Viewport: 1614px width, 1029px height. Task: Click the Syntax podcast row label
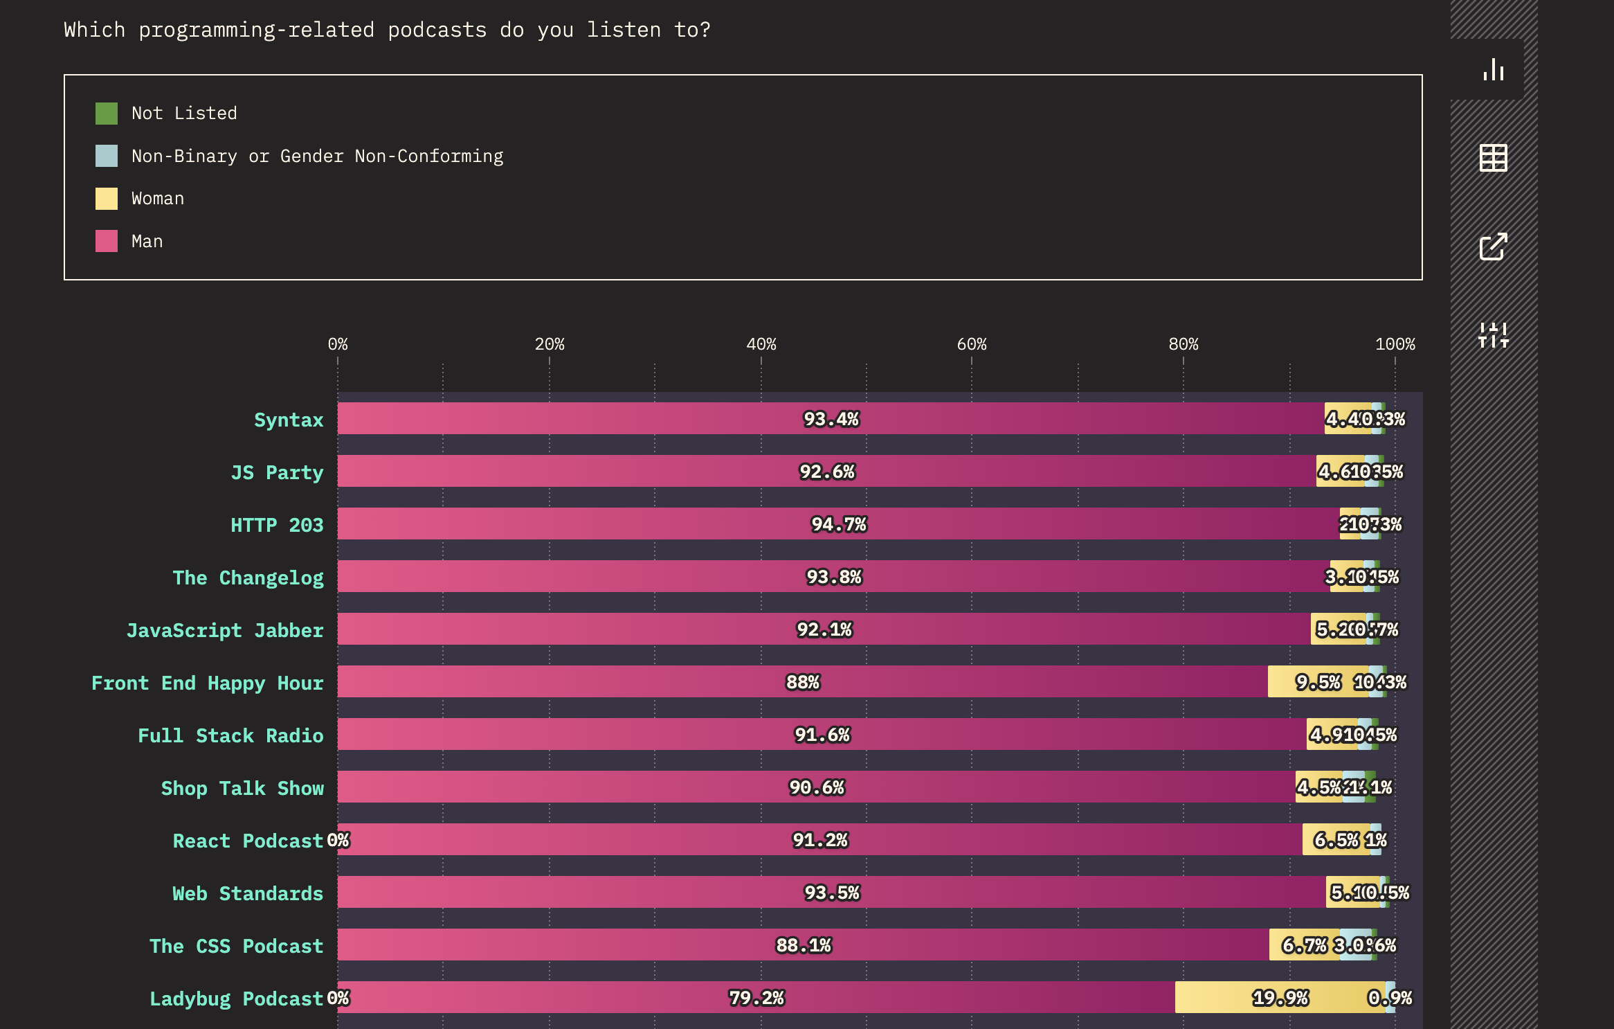click(x=289, y=420)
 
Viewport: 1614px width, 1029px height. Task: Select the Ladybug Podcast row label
click(x=236, y=999)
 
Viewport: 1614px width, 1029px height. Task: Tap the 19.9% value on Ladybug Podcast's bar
click(x=1280, y=998)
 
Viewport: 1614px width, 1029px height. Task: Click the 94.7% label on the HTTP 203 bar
click(x=839, y=524)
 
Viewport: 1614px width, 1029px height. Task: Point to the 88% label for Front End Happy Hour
click(x=803, y=682)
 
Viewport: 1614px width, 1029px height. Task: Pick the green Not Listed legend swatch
click(x=107, y=114)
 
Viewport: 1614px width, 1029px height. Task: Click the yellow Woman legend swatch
click(x=107, y=199)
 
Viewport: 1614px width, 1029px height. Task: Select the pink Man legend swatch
click(x=107, y=241)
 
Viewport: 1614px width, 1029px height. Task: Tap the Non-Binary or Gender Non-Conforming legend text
click(x=318, y=156)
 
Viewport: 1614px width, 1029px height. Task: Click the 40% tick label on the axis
click(x=761, y=344)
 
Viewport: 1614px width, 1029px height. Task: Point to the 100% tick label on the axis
click(x=1395, y=344)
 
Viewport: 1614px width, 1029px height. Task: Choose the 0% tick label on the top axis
click(x=338, y=344)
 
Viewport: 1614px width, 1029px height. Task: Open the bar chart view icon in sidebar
click(x=1493, y=70)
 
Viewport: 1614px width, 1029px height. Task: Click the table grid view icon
click(x=1493, y=158)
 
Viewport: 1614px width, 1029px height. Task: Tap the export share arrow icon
click(x=1493, y=247)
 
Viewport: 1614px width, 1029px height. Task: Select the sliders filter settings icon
click(x=1493, y=335)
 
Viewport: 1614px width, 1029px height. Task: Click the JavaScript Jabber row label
click(x=225, y=630)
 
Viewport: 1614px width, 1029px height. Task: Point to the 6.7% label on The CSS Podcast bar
click(x=1304, y=945)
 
